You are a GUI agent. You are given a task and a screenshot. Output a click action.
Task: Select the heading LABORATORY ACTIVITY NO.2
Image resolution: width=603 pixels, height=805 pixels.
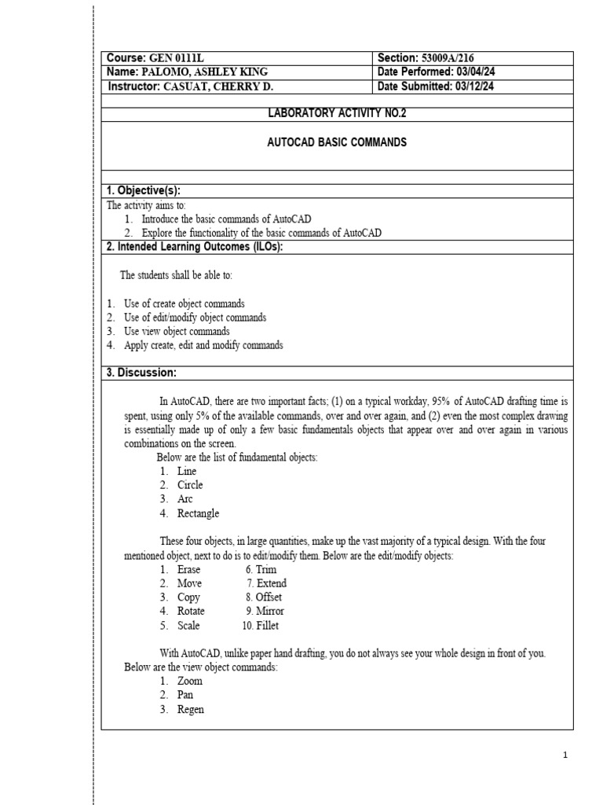point(338,113)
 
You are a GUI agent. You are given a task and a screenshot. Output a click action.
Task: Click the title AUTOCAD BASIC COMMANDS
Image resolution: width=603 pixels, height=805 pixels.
point(338,143)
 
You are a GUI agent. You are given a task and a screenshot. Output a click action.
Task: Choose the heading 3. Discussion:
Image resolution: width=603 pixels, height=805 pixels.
point(141,373)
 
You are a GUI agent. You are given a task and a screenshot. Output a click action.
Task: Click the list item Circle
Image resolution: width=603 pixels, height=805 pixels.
point(190,485)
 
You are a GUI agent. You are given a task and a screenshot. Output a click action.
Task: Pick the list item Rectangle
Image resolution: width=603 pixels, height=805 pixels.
point(198,513)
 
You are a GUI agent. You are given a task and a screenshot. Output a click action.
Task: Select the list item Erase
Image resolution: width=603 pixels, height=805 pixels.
point(189,569)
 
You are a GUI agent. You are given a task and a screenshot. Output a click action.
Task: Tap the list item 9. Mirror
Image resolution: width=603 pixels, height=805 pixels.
point(265,612)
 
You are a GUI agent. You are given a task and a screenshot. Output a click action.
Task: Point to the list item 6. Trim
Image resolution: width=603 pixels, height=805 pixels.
point(261,569)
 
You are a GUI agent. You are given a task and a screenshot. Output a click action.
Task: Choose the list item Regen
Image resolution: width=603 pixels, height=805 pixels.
point(191,709)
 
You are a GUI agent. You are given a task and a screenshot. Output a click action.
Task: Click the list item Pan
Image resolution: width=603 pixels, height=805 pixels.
point(185,695)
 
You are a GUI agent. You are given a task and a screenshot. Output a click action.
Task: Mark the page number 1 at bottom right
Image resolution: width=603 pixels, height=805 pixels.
point(565,755)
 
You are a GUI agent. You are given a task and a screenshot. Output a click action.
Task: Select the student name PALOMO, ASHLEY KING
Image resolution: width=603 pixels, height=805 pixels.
point(196,72)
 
